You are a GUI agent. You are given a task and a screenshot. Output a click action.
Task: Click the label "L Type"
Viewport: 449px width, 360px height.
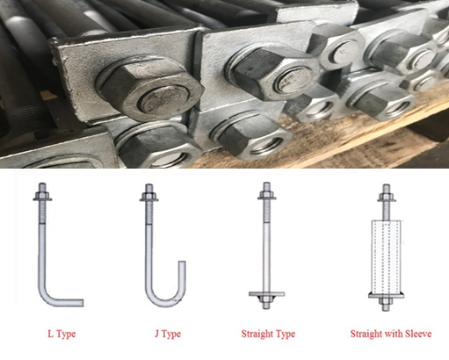coord(62,334)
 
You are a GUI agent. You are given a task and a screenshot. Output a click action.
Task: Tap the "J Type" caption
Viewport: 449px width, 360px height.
coord(168,334)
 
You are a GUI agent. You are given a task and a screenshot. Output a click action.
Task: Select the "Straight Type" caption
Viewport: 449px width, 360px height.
coord(268,334)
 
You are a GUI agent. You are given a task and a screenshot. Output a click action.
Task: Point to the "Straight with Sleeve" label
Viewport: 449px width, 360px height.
coord(391,334)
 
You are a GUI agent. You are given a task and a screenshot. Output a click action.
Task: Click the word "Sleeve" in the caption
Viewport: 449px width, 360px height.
coord(418,334)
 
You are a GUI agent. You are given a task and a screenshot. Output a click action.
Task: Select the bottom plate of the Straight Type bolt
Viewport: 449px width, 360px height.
coord(266,294)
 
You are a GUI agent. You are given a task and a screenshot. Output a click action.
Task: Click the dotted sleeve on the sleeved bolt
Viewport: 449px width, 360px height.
coord(387,257)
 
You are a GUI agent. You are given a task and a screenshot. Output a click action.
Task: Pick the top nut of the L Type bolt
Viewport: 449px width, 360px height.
coord(42,195)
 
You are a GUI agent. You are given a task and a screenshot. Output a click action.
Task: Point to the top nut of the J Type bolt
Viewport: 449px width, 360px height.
coord(148,195)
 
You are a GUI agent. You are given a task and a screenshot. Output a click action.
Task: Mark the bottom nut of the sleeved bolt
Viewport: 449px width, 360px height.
coord(387,301)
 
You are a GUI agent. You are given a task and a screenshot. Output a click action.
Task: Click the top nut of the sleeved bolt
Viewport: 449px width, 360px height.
coord(387,196)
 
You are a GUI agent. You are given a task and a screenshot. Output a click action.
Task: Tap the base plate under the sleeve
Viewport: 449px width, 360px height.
coord(387,296)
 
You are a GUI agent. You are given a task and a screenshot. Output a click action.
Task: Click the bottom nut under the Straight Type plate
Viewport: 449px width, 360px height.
coord(266,299)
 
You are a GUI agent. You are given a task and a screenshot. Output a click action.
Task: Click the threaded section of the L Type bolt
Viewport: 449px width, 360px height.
coord(42,212)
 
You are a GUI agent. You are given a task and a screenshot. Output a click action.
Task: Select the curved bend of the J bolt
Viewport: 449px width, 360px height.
coord(164,296)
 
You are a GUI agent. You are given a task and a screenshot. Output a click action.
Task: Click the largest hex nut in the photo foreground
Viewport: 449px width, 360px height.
coord(150,89)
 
